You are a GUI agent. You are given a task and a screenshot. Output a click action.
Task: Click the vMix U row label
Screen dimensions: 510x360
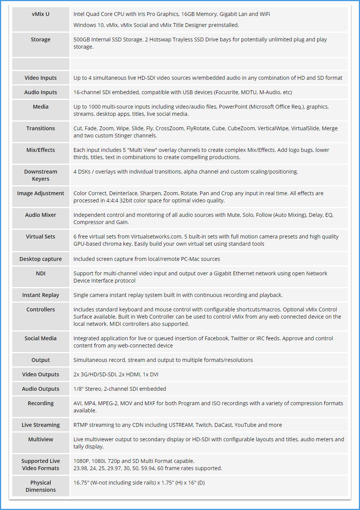(41, 14)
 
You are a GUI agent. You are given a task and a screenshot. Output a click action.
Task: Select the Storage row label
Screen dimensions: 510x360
(41, 39)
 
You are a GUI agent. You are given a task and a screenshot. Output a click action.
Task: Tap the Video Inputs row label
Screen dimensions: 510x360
(41, 78)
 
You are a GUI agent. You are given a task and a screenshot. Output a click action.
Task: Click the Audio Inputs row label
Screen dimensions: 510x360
(41, 92)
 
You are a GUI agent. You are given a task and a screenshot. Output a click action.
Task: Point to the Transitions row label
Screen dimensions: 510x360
(41, 128)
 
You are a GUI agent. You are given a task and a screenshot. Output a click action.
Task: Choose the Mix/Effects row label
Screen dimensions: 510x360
(41, 150)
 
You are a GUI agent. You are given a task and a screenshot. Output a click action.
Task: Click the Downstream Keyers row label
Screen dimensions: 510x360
(41, 175)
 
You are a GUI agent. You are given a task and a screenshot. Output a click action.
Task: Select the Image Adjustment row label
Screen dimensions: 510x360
(41, 193)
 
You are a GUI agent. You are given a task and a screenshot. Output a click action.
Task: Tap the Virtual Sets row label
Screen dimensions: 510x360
(41, 237)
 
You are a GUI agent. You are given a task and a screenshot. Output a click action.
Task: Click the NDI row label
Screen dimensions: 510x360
(41, 273)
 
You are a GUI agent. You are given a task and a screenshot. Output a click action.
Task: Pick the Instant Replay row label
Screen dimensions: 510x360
(41, 295)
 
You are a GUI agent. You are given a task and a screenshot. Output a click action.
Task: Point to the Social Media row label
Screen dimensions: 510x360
(41, 338)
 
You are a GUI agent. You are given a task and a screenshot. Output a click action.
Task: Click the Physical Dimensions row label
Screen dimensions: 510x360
(41, 486)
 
